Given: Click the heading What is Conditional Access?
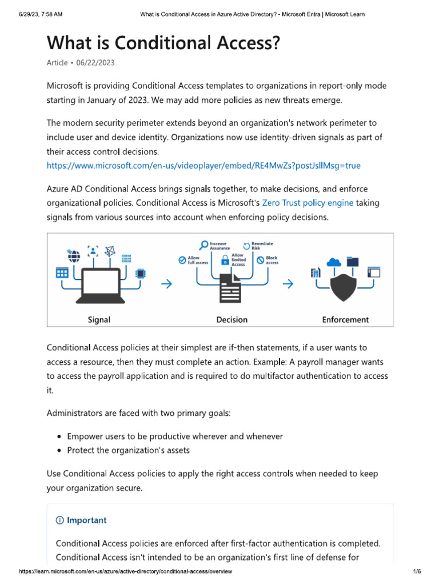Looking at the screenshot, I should [162, 43].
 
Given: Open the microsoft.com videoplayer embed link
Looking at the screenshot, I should [203, 166].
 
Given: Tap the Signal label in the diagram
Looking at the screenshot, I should [99, 319].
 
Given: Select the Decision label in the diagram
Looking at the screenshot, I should [232, 319].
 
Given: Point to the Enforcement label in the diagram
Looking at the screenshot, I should [345, 319].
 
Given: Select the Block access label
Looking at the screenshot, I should [272, 261].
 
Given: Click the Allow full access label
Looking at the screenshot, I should [194, 261].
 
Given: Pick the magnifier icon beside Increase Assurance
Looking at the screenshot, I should [203, 246].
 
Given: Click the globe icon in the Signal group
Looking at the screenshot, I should [73, 255].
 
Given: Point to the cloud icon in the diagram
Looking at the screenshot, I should [334, 262].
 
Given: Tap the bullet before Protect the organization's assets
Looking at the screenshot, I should [59, 450].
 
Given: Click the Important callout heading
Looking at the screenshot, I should [86, 520].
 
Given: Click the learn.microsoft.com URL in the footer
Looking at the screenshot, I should [126, 572].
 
